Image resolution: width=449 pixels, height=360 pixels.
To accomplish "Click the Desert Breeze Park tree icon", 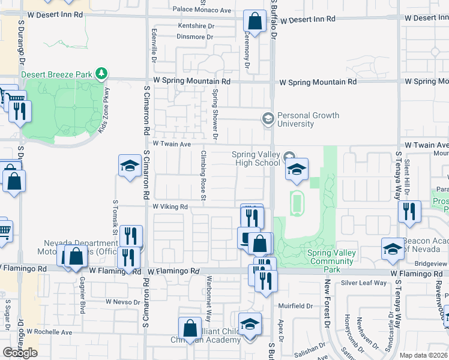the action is (x=102, y=74).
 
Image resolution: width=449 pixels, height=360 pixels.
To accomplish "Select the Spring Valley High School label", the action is (x=256, y=158).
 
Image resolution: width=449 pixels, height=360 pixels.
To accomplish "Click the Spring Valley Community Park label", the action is (x=332, y=257).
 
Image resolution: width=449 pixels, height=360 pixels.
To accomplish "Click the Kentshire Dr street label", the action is (x=196, y=26).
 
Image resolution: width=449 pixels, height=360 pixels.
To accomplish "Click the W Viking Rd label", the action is (x=170, y=207).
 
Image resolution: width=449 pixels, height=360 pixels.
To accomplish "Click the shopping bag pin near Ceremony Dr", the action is (x=255, y=22).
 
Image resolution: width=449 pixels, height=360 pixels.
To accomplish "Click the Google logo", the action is (x=20, y=353).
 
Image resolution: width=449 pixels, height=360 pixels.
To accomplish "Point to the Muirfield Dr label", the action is (x=296, y=305).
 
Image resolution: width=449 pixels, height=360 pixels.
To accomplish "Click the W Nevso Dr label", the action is (x=122, y=302).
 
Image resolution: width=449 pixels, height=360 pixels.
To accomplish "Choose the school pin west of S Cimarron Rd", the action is (x=130, y=167).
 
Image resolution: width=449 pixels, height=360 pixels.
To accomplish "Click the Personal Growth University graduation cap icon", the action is (x=267, y=119).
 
